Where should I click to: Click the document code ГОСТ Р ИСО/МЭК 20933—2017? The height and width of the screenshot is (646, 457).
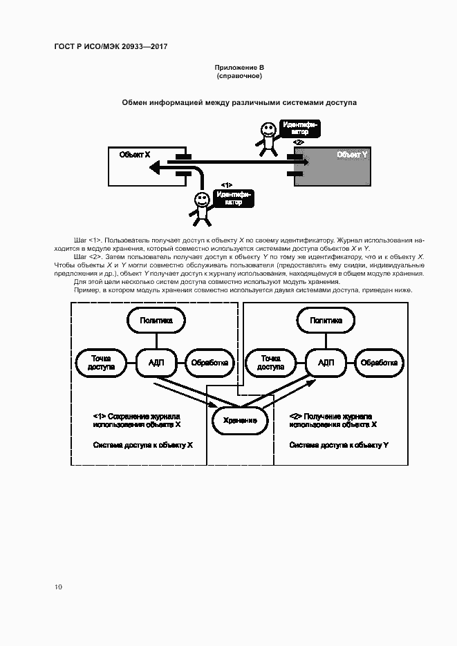coord(111,46)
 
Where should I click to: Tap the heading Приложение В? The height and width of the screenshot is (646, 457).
coord(239,67)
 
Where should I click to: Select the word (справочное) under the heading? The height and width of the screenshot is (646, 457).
coord(239,75)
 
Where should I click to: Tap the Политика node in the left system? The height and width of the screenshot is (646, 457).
coord(156,321)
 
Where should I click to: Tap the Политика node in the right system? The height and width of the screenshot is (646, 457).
coord(326,321)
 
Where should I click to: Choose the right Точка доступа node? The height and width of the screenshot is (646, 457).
coord(270,362)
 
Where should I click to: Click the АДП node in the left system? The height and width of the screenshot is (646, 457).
coord(156,362)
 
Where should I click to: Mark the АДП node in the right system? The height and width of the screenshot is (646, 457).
coord(326,362)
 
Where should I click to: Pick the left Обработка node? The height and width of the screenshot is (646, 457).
coord(209,362)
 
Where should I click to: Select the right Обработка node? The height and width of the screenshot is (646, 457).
coord(380,362)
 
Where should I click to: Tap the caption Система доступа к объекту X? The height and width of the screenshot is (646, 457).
coord(142,445)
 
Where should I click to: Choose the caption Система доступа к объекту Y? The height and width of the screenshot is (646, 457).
coord(339,445)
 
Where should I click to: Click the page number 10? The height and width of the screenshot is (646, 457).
coord(58,587)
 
